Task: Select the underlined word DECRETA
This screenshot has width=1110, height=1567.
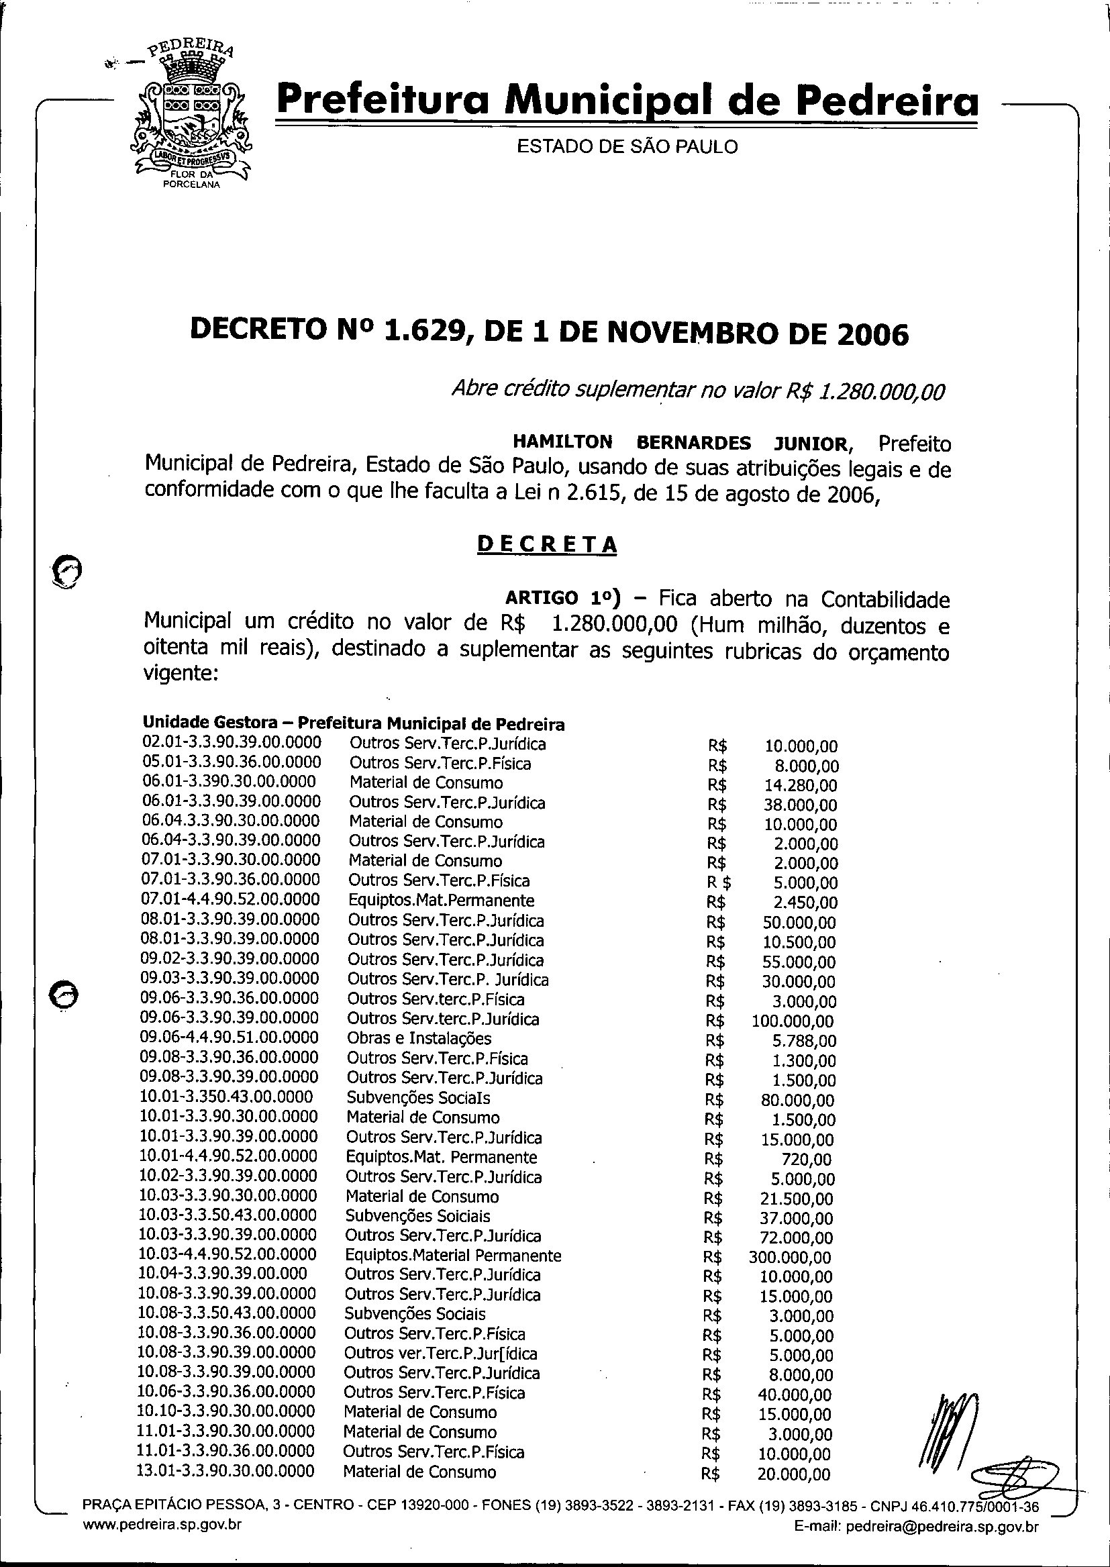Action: (x=546, y=544)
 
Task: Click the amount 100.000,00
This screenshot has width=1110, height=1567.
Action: (x=792, y=1021)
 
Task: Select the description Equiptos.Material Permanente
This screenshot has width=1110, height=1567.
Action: (x=452, y=1256)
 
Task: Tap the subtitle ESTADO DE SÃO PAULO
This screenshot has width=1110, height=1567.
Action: (x=627, y=147)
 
